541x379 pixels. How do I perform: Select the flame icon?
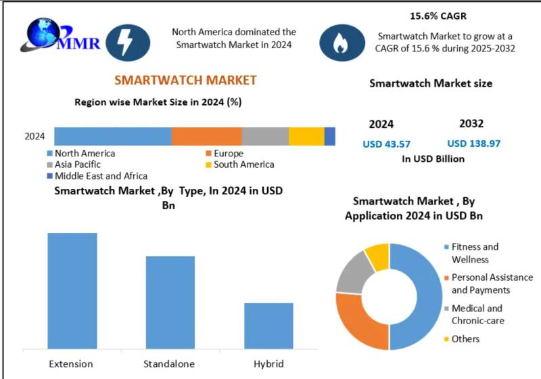pos(338,42)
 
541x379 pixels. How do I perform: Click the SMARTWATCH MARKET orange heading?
pos(185,80)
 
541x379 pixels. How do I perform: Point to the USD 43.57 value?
pos(387,143)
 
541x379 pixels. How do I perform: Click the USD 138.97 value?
pos(474,143)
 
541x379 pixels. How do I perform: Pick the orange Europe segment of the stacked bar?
pos(206,136)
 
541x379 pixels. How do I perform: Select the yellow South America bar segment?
pos(306,136)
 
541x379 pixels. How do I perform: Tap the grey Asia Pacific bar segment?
pos(265,136)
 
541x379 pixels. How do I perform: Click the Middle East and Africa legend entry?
pos(97,176)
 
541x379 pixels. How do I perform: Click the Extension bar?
pos(72,291)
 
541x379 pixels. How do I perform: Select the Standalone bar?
pos(170,303)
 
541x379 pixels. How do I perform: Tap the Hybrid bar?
pos(268,326)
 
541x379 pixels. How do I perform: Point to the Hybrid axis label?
pos(268,363)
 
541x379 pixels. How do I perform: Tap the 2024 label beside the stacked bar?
pos(34,136)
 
